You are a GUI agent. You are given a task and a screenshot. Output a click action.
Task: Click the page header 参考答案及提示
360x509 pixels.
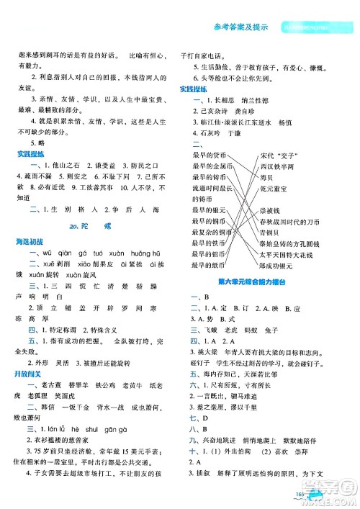point(242,28)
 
